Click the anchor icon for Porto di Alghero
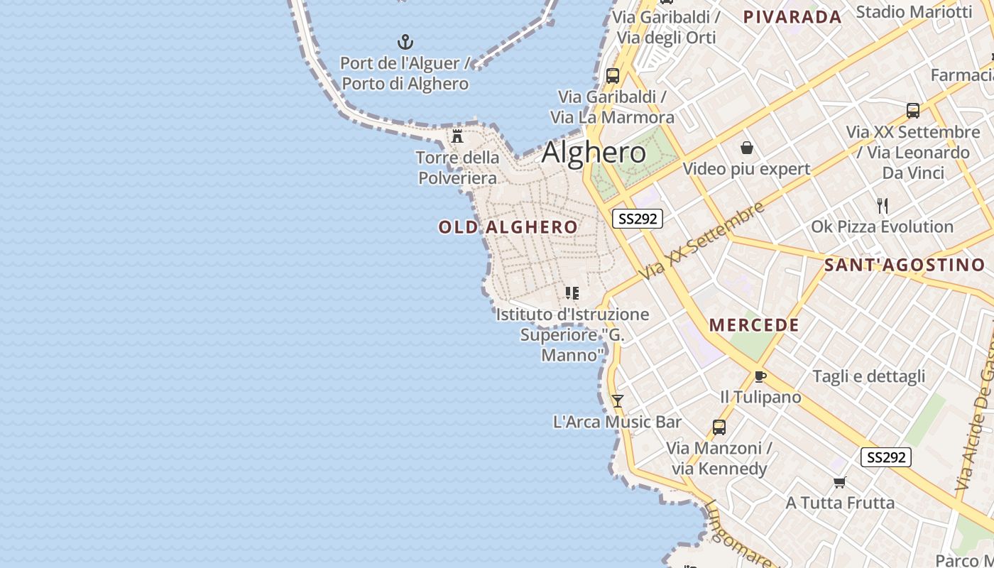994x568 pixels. click(x=405, y=42)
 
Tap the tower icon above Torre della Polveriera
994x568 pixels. click(x=457, y=136)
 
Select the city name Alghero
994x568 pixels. click(x=594, y=153)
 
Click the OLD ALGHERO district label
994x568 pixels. click(x=508, y=227)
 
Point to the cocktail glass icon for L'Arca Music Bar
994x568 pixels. click(x=618, y=401)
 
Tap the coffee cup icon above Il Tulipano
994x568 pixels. click(x=760, y=376)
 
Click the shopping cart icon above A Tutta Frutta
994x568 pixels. click(x=840, y=482)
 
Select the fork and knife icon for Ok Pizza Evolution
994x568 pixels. click(x=883, y=206)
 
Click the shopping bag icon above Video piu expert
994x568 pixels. click(x=746, y=148)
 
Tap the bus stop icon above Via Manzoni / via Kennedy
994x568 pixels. click(x=719, y=427)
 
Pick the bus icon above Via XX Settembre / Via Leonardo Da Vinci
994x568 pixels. click(x=913, y=111)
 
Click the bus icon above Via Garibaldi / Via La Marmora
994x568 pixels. click(x=612, y=75)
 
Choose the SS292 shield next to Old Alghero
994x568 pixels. click(x=638, y=219)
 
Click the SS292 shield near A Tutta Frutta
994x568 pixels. click(x=886, y=457)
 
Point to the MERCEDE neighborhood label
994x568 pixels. click(x=754, y=325)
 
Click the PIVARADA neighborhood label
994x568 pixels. click(x=792, y=17)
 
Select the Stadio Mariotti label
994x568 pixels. click(x=914, y=11)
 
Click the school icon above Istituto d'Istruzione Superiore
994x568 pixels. click(x=572, y=293)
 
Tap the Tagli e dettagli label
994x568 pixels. click(x=868, y=376)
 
